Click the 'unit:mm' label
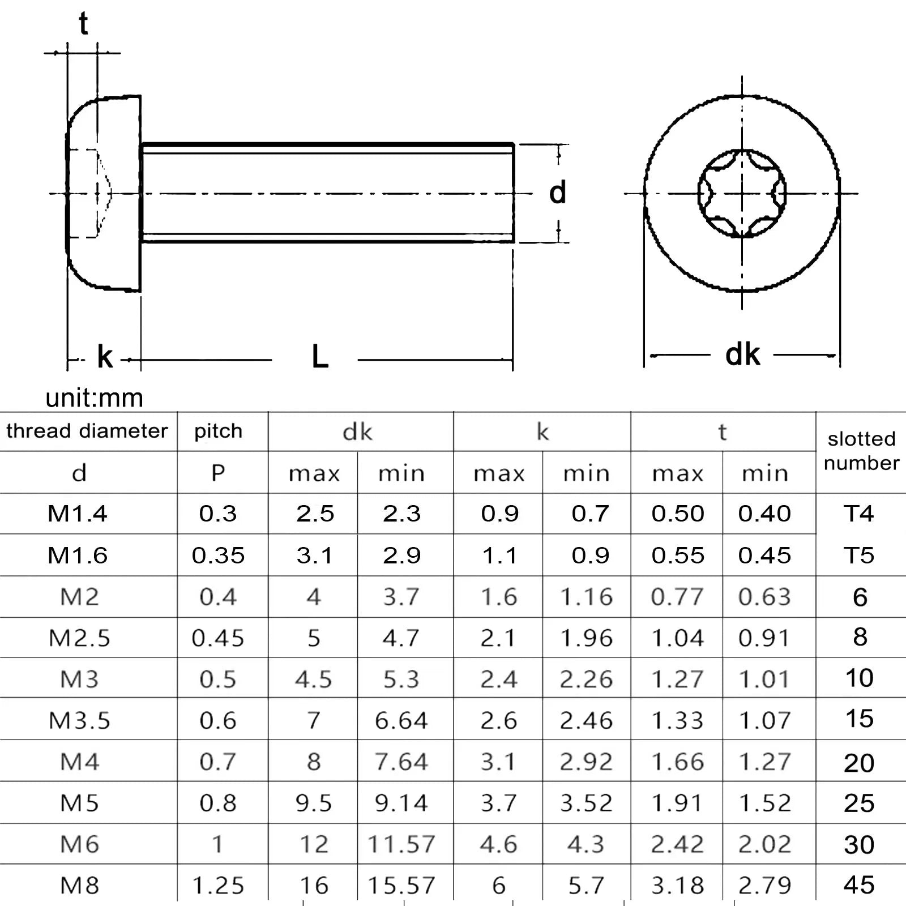point(94,398)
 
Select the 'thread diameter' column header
point(87,431)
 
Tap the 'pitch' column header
point(218,431)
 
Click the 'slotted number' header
point(861,451)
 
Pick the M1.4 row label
point(78,514)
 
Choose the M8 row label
point(79,885)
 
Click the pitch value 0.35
point(218,555)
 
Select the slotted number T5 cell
point(858,555)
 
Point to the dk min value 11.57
point(401,844)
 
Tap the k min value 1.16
point(586,597)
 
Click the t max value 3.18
point(677,885)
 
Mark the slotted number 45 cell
point(858,884)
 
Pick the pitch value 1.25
point(218,885)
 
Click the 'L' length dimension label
point(320,357)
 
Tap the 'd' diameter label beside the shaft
point(557,193)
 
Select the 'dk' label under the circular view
point(742,355)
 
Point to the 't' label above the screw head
point(83,24)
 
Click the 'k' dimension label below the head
point(105,357)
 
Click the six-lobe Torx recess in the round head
point(742,193)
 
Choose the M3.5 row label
point(79,720)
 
